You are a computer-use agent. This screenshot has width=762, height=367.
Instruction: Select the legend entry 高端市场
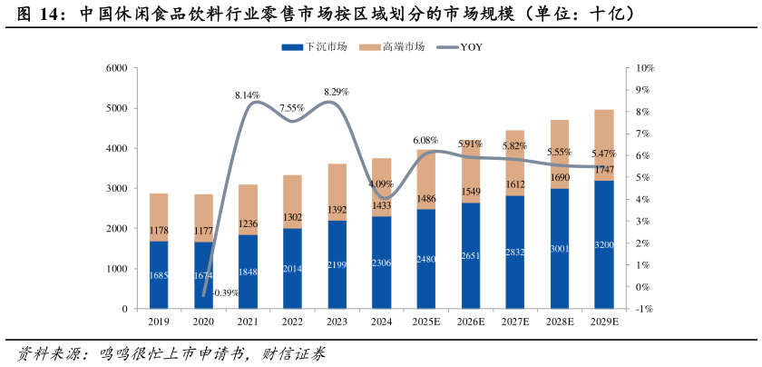click(x=392, y=47)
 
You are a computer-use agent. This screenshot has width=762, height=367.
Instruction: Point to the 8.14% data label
click(x=248, y=95)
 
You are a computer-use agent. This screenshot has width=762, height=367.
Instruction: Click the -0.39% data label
click(x=225, y=293)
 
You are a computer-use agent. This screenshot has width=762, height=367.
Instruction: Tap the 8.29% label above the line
click(x=337, y=92)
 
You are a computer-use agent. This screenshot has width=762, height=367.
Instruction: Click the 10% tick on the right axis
click(x=646, y=68)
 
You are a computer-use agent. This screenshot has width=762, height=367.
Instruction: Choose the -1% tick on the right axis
click(x=645, y=309)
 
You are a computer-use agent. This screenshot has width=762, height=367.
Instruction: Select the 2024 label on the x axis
click(x=381, y=322)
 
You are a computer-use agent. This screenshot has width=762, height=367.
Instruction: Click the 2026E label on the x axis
click(x=470, y=322)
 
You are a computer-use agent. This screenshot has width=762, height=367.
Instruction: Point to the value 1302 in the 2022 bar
click(x=292, y=217)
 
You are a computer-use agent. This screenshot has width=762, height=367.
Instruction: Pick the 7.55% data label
click(x=292, y=108)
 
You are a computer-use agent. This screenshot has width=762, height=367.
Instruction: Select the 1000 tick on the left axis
click(x=115, y=269)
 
